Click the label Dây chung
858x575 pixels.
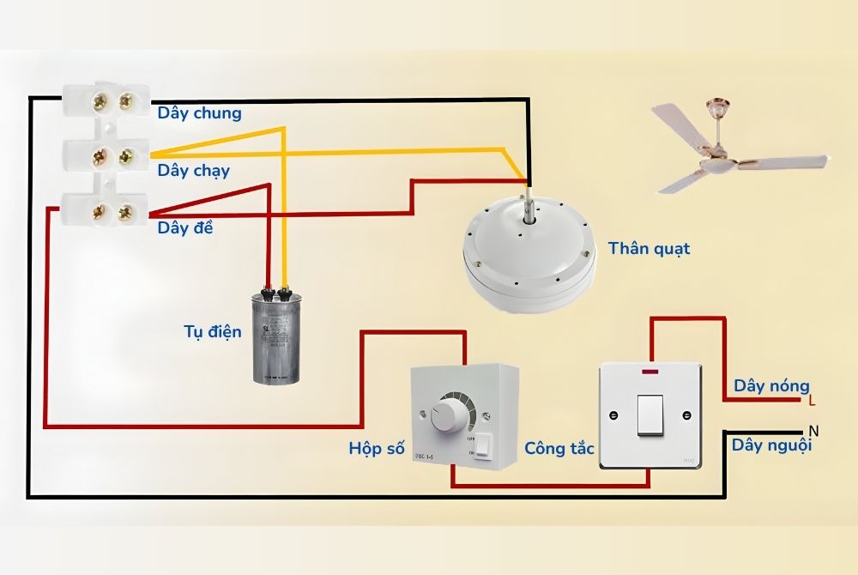pos(199,113)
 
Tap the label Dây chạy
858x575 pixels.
pos(193,170)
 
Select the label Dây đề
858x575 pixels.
pos(185,228)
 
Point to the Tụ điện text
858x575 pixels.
pos(212,331)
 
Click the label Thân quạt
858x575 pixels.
pos(649,249)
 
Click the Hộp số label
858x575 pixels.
pos(377,448)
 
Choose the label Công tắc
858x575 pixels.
pos(559,448)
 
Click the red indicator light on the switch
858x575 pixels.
pos(650,371)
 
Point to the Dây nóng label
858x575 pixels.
pos(770,386)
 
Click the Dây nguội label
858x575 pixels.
pos(771,445)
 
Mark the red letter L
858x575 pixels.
pos(813,401)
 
